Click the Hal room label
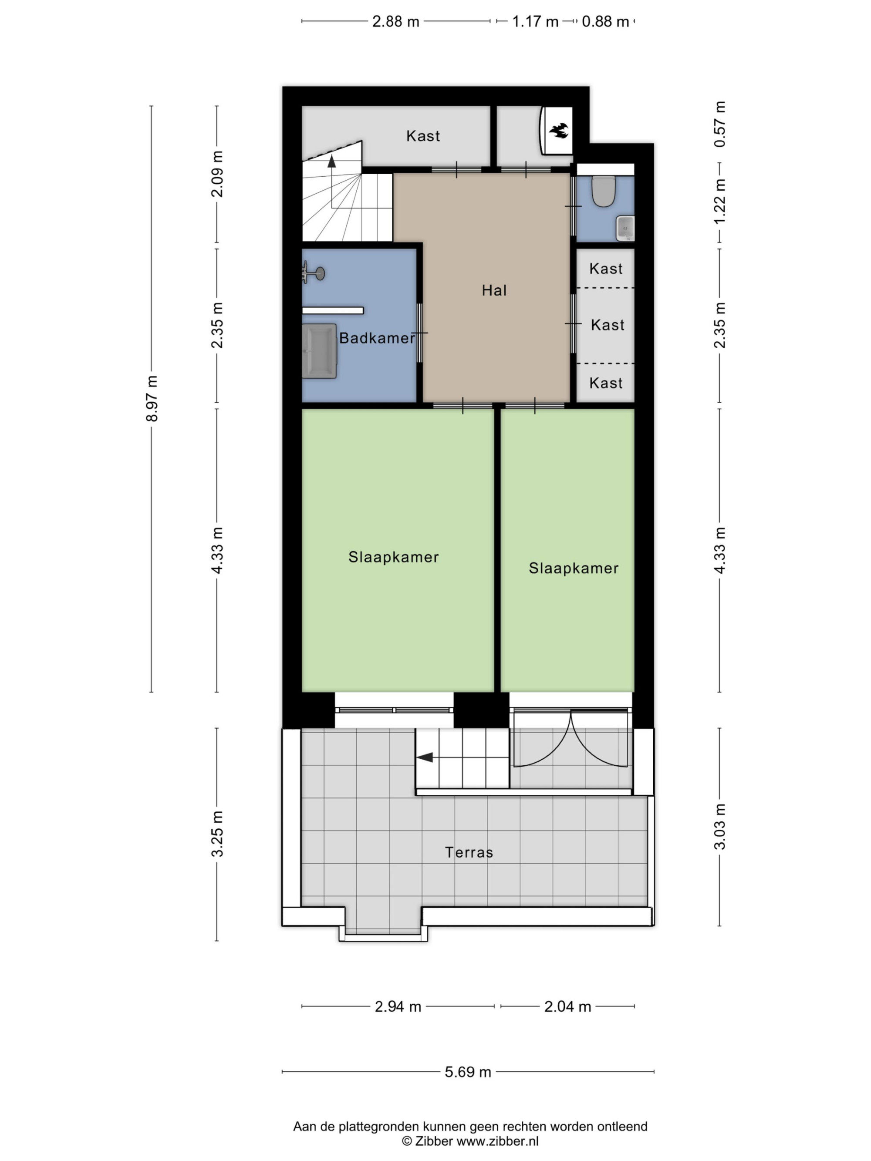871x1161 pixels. pos(494,290)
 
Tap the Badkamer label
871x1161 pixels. pos(377,338)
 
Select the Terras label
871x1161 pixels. pos(469,852)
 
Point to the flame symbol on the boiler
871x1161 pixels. pos(559,130)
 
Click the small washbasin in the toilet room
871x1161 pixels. pos(625,228)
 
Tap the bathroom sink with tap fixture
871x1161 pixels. pos(313,273)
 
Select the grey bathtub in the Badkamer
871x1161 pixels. pos(319,350)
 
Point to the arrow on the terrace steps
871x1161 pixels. pos(425,757)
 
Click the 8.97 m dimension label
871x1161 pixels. pos(152,398)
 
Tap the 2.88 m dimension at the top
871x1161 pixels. pos(396,21)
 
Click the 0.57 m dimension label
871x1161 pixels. pos(720,124)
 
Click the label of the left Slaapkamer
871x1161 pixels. pos(393,557)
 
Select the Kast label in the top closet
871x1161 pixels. pos(422,136)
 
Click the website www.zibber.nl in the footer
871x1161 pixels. pos(497,1141)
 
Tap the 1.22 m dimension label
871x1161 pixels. pos(720,201)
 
